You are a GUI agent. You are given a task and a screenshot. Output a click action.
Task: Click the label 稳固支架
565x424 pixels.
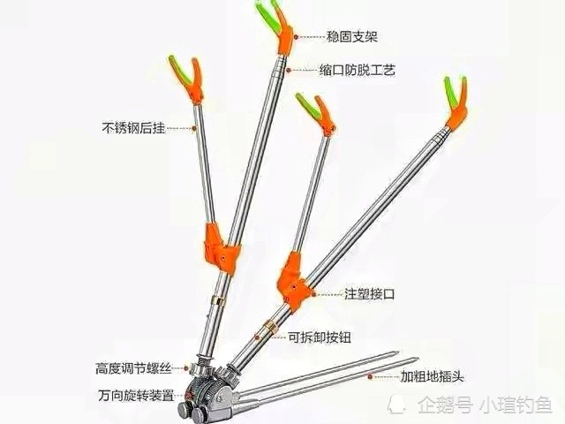click(351, 36)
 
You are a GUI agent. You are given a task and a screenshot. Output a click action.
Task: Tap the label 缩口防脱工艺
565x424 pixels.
click(357, 70)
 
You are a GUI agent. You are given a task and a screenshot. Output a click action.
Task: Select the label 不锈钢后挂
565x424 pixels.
click(133, 128)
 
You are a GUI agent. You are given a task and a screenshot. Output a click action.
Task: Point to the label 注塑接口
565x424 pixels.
click(369, 294)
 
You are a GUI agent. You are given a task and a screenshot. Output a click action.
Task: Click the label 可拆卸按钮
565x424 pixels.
click(320, 337)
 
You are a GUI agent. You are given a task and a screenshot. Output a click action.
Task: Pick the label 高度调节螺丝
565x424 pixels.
click(133, 368)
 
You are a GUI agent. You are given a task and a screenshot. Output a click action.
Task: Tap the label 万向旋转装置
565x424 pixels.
click(136, 396)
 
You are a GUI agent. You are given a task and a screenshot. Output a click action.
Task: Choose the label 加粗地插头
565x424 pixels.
click(432, 377)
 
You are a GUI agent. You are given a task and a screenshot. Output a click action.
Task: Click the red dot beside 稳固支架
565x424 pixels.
click(296, 37)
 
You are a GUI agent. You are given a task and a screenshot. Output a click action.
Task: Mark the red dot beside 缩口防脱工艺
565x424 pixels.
click(289, 71)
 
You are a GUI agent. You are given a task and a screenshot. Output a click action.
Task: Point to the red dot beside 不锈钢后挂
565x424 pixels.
click(194, 128)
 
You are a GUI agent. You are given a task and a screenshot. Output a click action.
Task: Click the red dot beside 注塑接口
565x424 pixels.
click(314, 294)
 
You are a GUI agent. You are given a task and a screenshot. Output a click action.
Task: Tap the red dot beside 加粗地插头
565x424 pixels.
click(370, 377)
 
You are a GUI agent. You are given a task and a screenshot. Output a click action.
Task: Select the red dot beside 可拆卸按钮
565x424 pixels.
click(257, 337)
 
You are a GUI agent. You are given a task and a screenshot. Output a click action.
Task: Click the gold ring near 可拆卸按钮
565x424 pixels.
click(270, 325)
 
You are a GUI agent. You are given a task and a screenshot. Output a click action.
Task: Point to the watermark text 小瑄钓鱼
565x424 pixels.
click(516, 405)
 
